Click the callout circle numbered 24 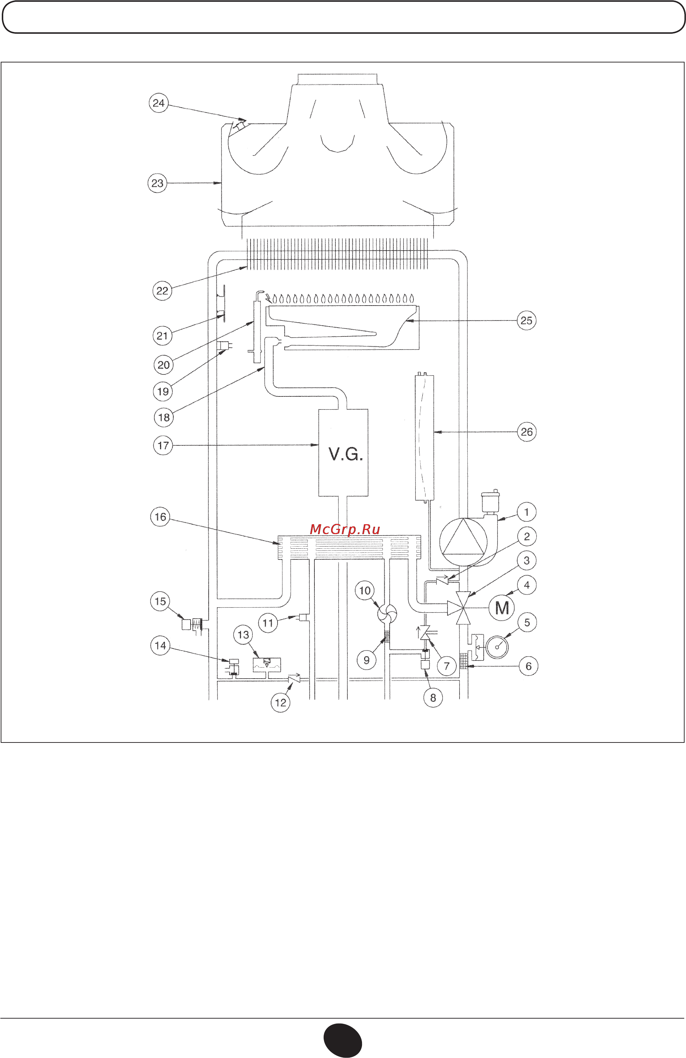159,103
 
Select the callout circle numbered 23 157,183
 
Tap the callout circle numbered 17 163,445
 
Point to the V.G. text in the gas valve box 345,454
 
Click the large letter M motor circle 502,607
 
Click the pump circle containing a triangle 463,542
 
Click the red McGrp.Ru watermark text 345,529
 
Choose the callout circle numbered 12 280,703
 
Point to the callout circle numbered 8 433,698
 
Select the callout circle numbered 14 160,646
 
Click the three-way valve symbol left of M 462,608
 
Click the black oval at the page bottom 342,1041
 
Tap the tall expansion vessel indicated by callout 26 424,438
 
